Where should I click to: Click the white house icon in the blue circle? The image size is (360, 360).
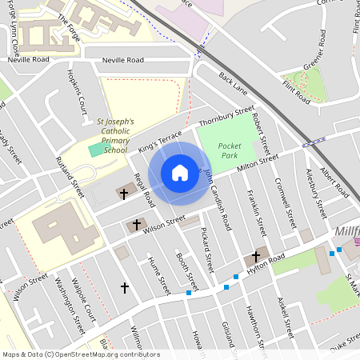[x=180, y=173]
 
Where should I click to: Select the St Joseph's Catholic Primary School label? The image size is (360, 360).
[x=115, y=136]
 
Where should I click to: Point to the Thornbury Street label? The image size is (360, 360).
[x=226, y=117]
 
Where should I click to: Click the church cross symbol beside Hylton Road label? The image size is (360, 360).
[x=256, y=257]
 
